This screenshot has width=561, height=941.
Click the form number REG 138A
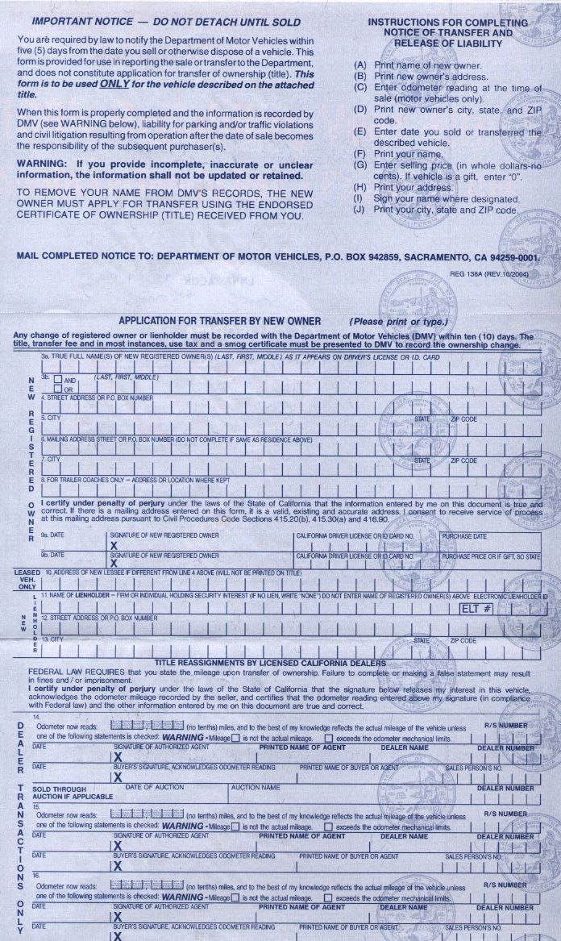click(x=476, y=274)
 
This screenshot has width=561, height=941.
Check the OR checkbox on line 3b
click(x=58, y=389)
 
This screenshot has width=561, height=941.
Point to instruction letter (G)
click(x=359, y=164)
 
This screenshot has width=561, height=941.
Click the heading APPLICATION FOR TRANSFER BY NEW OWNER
click(x=219, y=321)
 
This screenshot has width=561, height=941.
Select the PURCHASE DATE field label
click(x=463, y=535)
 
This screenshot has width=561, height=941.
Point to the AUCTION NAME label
click(x=256, y=786)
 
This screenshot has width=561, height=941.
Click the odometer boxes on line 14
click(x=147, y=726)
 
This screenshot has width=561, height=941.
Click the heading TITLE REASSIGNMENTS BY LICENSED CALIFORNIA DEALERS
click(x=270, y=663)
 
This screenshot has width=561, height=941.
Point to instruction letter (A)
click(x=359, y=65)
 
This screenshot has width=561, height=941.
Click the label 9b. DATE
click(x=53, y=556)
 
